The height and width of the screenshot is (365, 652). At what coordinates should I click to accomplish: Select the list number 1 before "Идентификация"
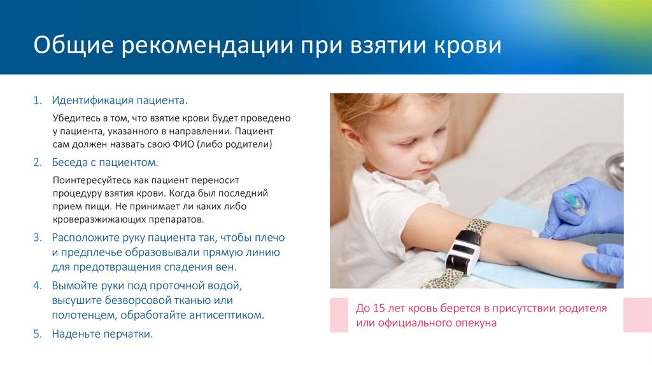tap(38, 100)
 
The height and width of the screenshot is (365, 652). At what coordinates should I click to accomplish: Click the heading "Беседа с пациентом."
tap(104, 162)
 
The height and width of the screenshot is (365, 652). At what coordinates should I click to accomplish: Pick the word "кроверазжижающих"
tap(96, 219)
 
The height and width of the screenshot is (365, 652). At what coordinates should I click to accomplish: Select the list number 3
tap(38, 237)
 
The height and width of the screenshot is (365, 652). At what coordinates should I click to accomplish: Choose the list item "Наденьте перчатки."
tap(103, 333)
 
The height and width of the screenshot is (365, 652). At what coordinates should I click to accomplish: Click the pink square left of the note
tap(339, 315)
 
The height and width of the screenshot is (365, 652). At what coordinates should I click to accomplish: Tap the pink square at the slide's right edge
tap(637, 315)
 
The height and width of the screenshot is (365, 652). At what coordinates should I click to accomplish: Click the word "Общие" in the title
tap(70, 46)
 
